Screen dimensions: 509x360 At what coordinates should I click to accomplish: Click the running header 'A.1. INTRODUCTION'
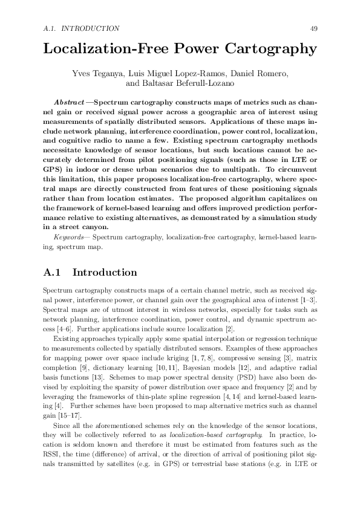[x=82, y=28]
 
